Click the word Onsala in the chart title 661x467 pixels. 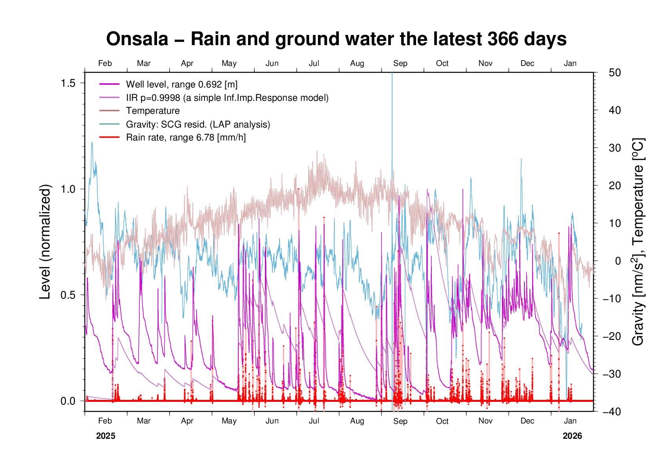[x=137, y=39]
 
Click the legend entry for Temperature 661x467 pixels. [x=153, y=111]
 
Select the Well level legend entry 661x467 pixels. [x=181, y=84]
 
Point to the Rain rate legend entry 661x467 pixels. [x=186, y=138]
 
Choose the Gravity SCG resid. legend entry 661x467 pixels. [x=198, y=124]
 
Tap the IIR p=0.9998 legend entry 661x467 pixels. [x=227, y=98]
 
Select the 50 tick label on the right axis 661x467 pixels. [x=615, y=73]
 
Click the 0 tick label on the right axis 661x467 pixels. [x=618, y=261]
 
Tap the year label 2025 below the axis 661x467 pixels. [x=106, y=436]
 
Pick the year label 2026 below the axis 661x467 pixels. [x=572, y=436]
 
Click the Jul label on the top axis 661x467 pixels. [x=314, y=64]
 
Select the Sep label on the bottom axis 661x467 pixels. [x=400, y=421]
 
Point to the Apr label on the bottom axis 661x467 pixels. [x=187, y=421]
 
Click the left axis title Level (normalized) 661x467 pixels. [x=46, y=242]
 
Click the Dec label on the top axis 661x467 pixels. [x=527, y=64]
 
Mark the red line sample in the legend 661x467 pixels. [x=110, y=137]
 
